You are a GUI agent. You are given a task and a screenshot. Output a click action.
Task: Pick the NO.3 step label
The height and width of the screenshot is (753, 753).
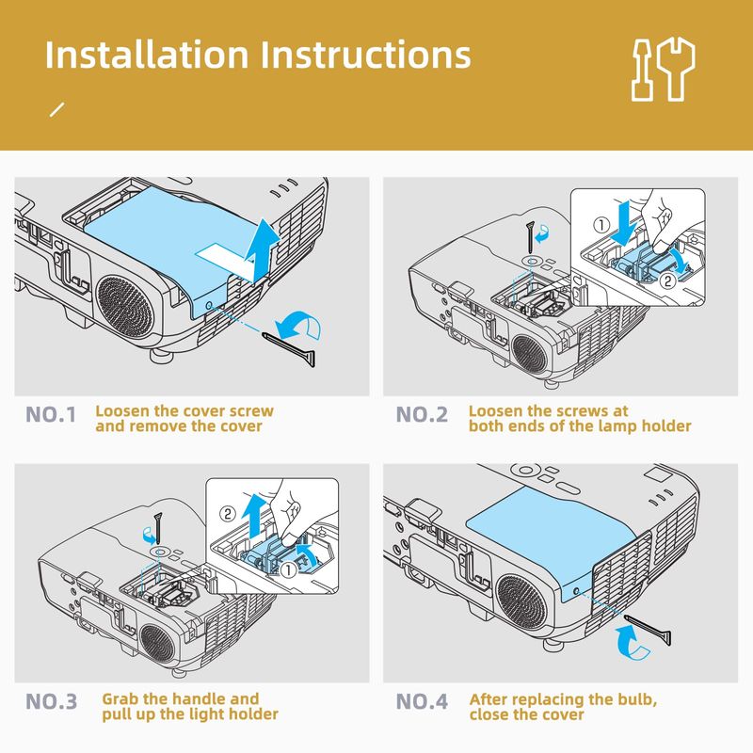[x=53, y=701]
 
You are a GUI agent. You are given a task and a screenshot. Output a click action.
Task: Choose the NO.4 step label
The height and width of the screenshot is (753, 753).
[x=423, y=701]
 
